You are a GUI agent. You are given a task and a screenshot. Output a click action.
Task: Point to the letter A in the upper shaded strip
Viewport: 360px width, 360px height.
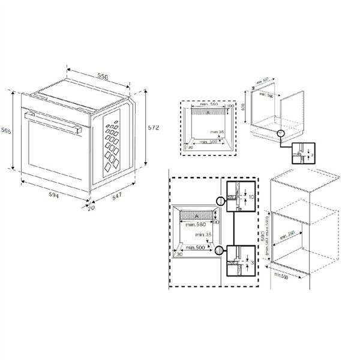pos(208,112)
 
